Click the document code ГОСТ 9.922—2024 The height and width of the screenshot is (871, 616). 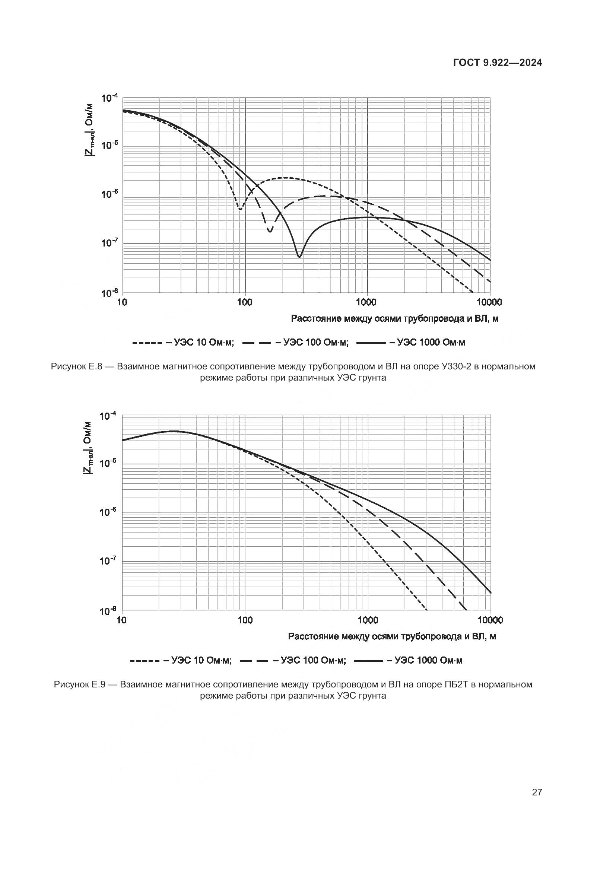point(498,63)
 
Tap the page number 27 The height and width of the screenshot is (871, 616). point(537,792)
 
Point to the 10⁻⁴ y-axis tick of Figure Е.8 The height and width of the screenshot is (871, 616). point(110,98)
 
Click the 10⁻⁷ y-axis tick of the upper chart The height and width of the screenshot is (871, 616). point(110,243)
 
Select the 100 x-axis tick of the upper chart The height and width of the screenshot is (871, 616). point(245,302)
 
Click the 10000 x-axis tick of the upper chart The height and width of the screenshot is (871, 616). point(490,302)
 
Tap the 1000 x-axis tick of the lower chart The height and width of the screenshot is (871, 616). point(368,620)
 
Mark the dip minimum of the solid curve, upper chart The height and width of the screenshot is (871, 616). point(299,257)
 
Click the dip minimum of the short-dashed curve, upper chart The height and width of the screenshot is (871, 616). point(240,209)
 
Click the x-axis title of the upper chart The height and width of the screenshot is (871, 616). point(394,319)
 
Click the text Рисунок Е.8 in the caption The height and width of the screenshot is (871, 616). point(78,367)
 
